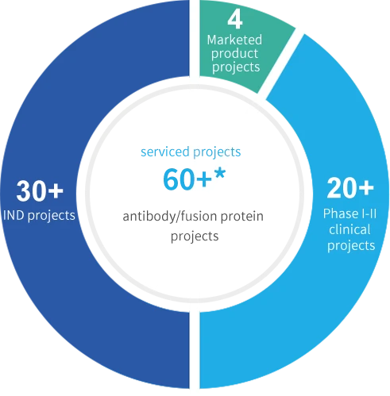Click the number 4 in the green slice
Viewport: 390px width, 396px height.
tap(235, 20)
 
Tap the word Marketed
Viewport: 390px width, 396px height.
tap(234, 40)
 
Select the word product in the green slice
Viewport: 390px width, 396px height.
tap(234, 54)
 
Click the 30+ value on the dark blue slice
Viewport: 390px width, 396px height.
tap(40, 190)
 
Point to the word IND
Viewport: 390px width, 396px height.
tap(14, 215)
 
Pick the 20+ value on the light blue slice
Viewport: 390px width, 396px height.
tap(350, 188)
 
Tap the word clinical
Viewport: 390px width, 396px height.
tap(349, 229)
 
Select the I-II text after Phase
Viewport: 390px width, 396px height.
tap(369, 213)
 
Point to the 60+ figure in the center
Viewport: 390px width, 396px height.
tap(187, 179)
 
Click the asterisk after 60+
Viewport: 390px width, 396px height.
tap(220, 174)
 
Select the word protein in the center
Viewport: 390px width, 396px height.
tap(242, 217)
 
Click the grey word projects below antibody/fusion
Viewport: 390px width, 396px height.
tap(195, 236)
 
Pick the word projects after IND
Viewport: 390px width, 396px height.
tap(52, 216)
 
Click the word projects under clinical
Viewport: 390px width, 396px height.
tap(351, 246)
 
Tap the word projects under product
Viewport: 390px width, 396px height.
tap(236, 67)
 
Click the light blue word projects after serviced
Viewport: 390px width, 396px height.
tap(217, 152)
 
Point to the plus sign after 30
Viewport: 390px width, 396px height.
tap(56, 190)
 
